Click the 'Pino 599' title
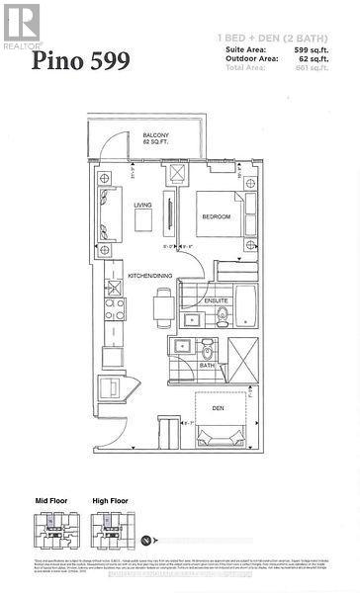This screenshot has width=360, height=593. point(81,61)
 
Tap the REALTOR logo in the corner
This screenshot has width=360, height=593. point(21,25)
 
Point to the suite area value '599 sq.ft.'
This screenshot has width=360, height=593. point(314,49)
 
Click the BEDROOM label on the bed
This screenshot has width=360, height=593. point(216,216)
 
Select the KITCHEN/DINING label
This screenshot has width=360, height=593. point(151,275)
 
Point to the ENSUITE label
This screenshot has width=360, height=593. point(217,299)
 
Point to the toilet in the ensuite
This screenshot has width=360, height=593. point(224,315)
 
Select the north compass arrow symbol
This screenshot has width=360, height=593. point(148,540)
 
